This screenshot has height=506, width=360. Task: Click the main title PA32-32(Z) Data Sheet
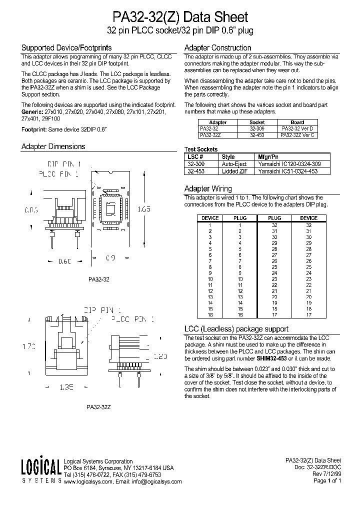(x=180, y=17)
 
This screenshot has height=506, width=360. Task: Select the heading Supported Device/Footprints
(x=66, y=48)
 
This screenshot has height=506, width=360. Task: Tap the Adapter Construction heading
(x=217, y=48)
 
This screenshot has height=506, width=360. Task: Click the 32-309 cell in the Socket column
(x=257, y=128)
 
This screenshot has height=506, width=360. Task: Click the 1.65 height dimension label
(x=143, y=210)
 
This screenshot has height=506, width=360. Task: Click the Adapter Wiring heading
(x=208, y=189)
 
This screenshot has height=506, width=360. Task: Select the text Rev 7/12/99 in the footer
(x=326, y=474)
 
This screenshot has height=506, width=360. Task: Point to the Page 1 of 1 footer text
(x=327, y=481)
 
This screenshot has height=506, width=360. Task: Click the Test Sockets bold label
(x=201, y=149)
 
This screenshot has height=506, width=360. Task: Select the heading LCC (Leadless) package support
(x=236, y=329)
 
